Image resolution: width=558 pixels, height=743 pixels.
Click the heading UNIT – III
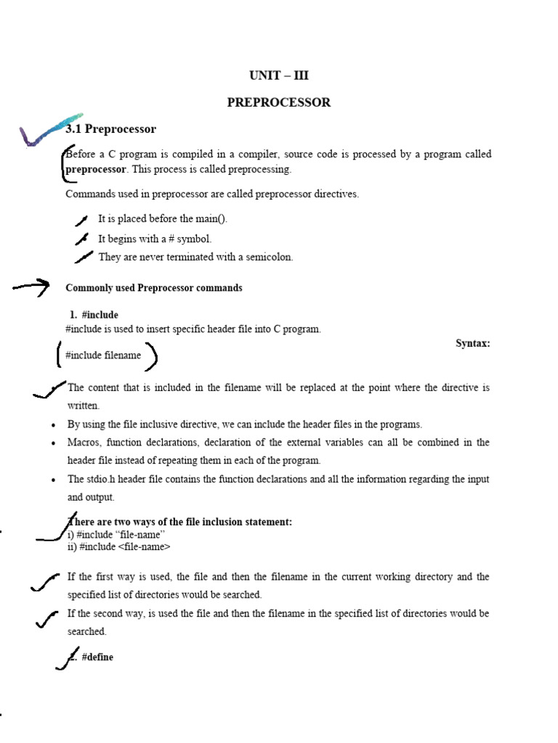[x=278, y=75]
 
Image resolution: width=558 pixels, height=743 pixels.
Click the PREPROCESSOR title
[x=278, y=102]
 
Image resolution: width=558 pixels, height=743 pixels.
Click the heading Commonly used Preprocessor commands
[x=154, y=288]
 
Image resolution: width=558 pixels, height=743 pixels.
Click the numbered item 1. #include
[x=94, y=315]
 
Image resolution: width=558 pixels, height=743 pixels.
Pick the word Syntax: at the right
[x=472, y=343]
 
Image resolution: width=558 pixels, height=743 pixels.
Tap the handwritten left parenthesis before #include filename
[x=59, y=356]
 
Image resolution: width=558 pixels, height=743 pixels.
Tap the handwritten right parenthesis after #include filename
[x=152, y=356]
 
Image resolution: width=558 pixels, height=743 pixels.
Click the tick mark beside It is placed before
[x=81, y=220]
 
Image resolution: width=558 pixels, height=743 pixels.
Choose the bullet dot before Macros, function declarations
[x=54, y=443]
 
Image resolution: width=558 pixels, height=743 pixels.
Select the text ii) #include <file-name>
[x=119, y=546]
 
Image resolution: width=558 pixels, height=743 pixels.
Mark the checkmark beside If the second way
[x=47, y=619]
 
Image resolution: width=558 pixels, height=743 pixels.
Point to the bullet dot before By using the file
[x=54, y=424]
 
